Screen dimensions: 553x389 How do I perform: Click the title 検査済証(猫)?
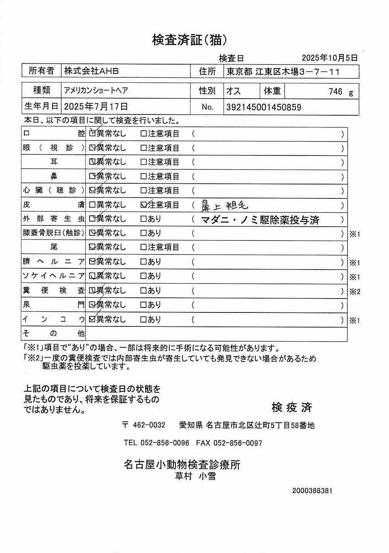point(189,40)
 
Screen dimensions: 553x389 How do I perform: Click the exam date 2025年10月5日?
point(330,58)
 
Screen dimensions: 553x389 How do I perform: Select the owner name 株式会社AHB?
point(92,71)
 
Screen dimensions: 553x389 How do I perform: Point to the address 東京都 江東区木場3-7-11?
point(283,72)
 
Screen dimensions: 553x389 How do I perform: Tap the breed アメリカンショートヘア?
point(96,90)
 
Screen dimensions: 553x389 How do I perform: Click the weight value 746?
point(335,92)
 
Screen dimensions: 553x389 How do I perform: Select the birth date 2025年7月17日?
point(96,107)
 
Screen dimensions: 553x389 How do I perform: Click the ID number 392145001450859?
point(263,108)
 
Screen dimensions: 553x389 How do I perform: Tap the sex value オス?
point(233,91)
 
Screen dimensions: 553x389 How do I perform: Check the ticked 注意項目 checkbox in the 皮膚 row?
point(144,205)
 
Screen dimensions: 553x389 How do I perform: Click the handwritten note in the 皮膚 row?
point(224,206)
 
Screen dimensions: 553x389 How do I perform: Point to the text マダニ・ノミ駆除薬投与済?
point(260,220)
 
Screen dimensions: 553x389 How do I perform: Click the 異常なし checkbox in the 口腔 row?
point(92,133)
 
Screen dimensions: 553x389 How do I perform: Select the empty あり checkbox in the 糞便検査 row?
point(143,291)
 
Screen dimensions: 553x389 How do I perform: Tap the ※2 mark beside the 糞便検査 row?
point(355,292)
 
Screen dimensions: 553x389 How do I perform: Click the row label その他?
point(53,333)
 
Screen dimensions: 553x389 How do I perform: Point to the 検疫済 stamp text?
point(292,407)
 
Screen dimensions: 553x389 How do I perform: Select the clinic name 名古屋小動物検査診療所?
point(182,464)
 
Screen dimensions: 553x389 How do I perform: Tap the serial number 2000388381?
point(312,491)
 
